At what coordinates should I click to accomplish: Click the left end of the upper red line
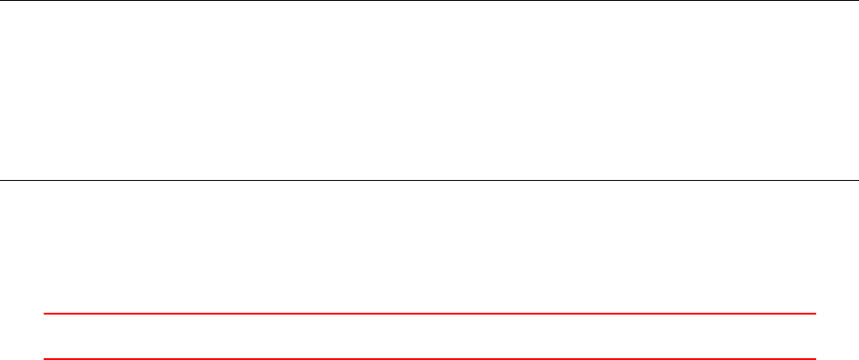[45, 314]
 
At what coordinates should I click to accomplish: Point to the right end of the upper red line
[815, 314]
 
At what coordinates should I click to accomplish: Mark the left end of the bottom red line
[45, 359]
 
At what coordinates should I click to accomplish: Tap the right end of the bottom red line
[815, 359]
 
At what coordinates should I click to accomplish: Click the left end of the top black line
[1, 1]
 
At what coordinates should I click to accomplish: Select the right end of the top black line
[857, 1]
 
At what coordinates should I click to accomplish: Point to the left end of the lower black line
[1, 179]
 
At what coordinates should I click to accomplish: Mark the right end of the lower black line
[857, 179]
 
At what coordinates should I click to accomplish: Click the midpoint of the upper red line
[429, 314]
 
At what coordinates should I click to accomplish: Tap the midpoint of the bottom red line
[429, 359]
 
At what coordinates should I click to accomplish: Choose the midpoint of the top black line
[429, 1]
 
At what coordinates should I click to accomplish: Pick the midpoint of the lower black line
[429, 179]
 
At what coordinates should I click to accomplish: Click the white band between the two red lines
[429, 337]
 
